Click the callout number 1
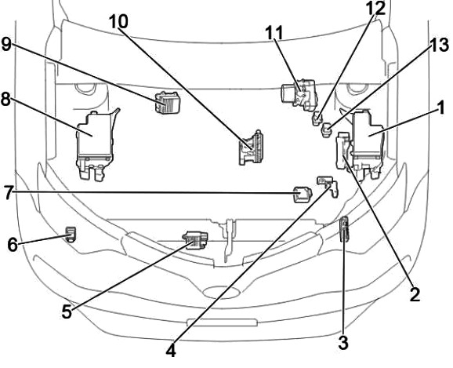[440, 108]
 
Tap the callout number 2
[415, 294]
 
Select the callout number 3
[343, 343]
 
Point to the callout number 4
[171, 352]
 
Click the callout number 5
[67, 312]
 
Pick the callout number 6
[13, 245]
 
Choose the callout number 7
[9, 193]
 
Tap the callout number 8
[6, 100]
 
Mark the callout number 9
[6, 45]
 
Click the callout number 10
[118, 21]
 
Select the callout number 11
[274, 33]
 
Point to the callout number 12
[375, 8]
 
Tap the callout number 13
[439, 46]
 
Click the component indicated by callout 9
[167, 103]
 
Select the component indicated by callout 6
[71, 234]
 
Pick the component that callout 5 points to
[196, 240]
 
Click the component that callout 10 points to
[251, 148]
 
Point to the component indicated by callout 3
[344, 229]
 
